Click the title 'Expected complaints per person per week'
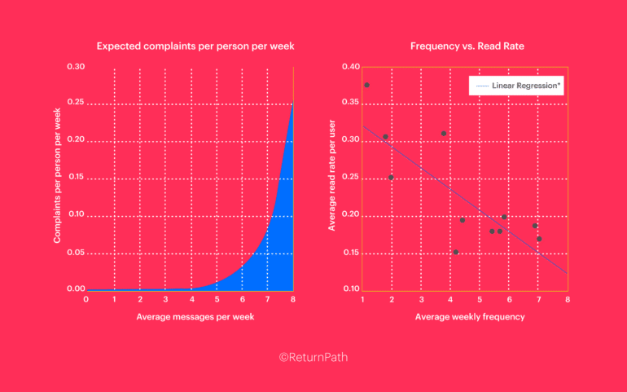click(195, 46)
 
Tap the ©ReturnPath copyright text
click(313, 357)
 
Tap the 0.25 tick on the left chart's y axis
click(74, 103)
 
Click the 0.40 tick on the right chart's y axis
click(349, 66)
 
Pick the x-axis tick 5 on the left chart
click(217, 299)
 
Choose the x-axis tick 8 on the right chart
click(567, 299)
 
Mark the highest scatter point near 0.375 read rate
click(366, 85)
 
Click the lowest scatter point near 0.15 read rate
click(456, 252)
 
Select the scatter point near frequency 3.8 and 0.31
click(444, 133)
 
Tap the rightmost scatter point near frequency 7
click(539, 239)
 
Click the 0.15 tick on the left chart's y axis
click(74, 177)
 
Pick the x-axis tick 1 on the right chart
click(363, 299)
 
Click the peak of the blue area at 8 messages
click(292, 104)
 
